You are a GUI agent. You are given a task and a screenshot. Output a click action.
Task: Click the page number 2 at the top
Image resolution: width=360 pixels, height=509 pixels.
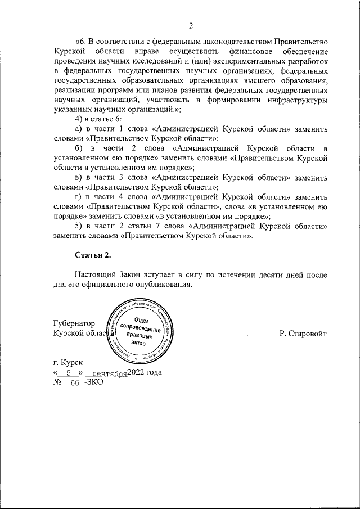(x=191, y=26)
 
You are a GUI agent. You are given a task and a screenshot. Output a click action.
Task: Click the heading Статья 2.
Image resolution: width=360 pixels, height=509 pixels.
(x=93, y=255)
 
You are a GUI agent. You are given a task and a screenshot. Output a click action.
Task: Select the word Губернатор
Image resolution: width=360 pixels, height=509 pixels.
(x=73, y=323)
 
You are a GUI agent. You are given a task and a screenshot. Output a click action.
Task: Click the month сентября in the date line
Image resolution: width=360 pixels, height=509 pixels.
(x=109, y=373)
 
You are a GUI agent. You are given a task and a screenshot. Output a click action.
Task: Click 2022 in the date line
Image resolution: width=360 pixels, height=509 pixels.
(x=137, y=373)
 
